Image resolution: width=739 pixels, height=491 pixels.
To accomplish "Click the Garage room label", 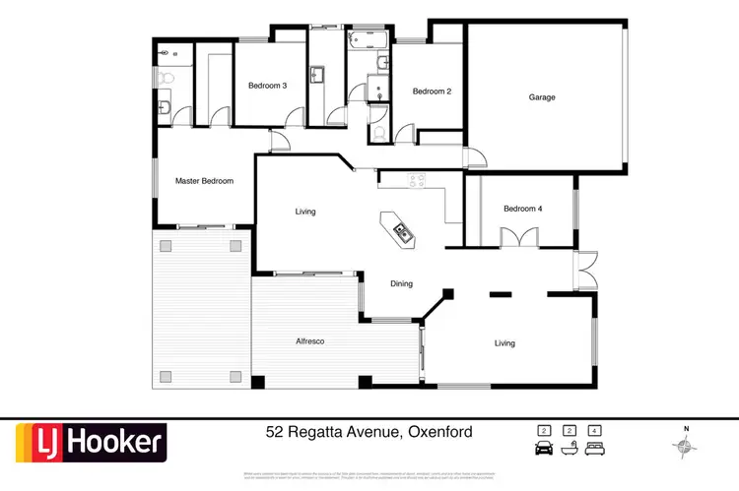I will (x=542, y=97).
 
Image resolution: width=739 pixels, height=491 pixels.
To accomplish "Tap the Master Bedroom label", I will (x=204, y=181).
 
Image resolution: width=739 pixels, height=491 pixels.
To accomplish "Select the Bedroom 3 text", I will (x=267, y=86).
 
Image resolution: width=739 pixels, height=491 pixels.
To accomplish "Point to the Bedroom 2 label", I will (x=432, y=92).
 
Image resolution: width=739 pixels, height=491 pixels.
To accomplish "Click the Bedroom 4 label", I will (x=522, y=209).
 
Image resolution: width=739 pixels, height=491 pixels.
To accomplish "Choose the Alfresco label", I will (x=310, y=341).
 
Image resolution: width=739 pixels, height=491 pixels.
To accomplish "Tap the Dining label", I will (x=401, y=284).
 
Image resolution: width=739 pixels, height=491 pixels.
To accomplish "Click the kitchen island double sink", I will (x=403, y=233).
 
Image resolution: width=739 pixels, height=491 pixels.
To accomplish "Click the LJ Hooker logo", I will (x=90, y=443).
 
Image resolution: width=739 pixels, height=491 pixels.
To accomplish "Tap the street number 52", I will (x=276, y=432).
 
